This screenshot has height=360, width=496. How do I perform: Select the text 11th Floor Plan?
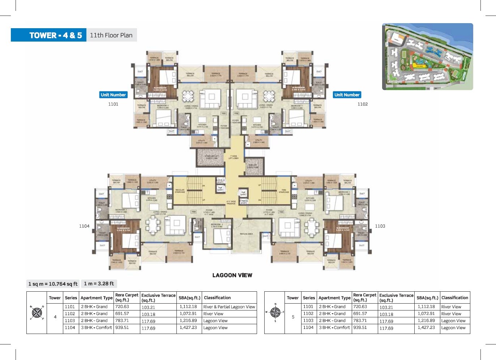(111, 35)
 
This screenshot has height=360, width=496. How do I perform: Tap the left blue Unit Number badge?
(113, 95)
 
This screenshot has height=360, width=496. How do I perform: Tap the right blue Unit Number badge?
(347, 95)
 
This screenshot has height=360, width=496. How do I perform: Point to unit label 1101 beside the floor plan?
(113, 104)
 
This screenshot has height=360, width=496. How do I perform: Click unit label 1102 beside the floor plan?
(362, 104)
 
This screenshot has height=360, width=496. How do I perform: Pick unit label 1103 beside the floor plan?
(380, 226)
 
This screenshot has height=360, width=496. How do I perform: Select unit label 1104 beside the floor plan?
(84, 226)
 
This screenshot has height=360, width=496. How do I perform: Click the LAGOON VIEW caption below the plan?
(232, 275)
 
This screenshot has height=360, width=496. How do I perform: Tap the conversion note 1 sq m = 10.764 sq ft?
(53, 284)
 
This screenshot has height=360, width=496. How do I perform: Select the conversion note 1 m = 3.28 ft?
(99, 284)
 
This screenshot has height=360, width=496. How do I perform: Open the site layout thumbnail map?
(427, 57)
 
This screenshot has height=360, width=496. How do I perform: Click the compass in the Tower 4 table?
(37, 312)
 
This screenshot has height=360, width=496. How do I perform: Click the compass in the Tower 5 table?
(275, 312)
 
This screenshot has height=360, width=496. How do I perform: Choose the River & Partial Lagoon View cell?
(229, 307)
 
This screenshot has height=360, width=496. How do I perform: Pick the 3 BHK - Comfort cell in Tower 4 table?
(96, 328)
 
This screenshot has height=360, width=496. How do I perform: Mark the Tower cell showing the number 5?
(293, 317)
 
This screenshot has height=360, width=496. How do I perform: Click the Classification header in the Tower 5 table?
(454, 298)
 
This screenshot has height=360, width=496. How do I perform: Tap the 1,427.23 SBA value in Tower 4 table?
(188, 328)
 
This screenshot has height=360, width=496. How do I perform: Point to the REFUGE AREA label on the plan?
(246, 234)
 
